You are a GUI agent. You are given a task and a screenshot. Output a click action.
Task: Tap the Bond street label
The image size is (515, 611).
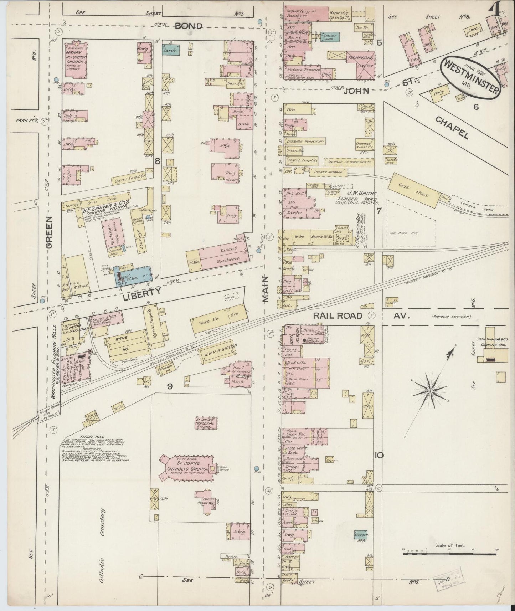(189, 26)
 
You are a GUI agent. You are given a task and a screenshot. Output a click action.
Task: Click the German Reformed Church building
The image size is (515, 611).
(76, 59)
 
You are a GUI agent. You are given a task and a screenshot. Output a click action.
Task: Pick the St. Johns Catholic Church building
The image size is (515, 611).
(185, 467)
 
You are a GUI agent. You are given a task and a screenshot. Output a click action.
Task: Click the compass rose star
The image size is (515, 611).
(430, 391)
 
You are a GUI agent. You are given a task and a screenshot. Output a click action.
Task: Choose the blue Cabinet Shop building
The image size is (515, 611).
(331, 37)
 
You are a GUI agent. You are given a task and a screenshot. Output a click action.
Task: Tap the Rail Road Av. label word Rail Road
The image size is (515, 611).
(337, 316)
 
